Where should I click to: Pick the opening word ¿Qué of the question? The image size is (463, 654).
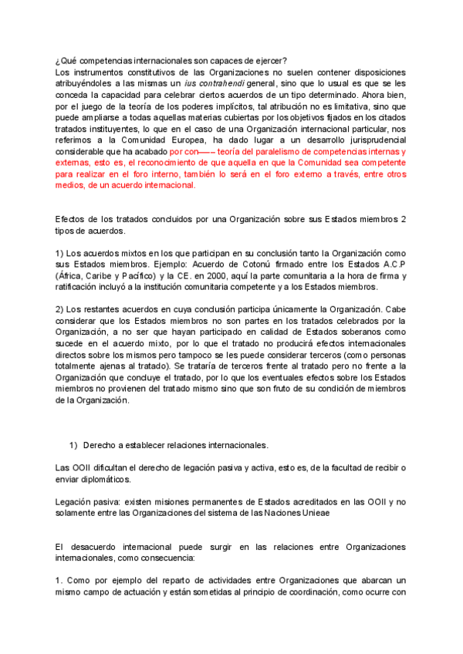66,61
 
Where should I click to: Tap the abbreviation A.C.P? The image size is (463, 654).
390,263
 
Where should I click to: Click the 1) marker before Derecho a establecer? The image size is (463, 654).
74,446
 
